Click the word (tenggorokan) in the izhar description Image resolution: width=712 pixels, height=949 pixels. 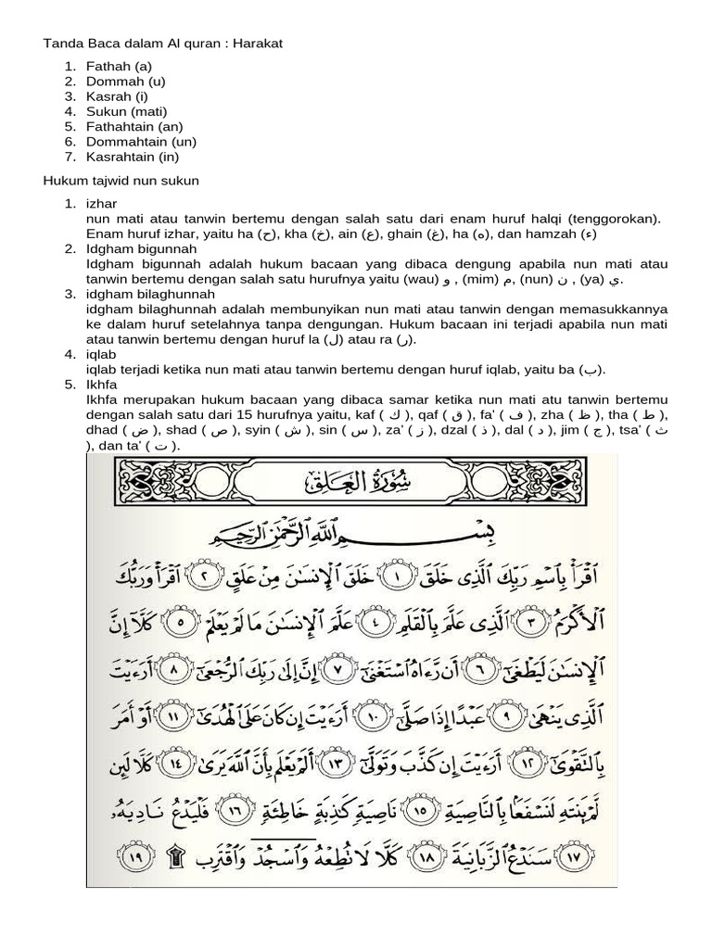pos(614,218)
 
